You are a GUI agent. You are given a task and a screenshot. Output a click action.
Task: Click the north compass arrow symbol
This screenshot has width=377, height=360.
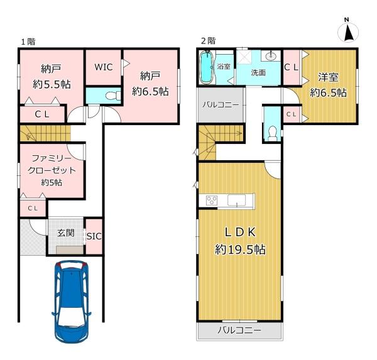[348, 33]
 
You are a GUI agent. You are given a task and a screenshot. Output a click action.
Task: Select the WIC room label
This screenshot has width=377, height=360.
[104, 67]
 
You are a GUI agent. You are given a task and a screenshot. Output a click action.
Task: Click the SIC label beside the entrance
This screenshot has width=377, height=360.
[94, 236]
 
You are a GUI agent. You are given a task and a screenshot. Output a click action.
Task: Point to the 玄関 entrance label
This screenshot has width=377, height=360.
[65, 233]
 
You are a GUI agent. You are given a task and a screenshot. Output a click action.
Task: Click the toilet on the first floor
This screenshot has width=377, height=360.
[113, 95]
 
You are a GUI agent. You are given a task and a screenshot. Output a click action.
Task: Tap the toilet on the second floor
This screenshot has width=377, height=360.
[273, 134]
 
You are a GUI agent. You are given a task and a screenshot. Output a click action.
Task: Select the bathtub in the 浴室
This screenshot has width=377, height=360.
[206, 67]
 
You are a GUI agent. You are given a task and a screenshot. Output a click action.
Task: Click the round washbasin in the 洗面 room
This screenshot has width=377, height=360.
[271, 57]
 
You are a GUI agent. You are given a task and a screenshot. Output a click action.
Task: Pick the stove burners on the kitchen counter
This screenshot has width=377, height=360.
[212, 200]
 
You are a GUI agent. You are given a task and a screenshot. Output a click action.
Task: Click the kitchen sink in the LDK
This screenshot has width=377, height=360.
[237, 200]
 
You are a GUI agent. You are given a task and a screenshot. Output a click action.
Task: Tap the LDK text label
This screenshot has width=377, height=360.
[240, 232]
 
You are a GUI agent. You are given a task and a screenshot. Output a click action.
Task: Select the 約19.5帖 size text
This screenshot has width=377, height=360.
[240, 249]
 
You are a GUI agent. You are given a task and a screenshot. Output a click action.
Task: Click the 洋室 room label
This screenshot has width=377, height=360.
[328, 77]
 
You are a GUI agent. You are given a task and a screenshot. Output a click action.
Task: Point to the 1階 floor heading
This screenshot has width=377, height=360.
[28, 41]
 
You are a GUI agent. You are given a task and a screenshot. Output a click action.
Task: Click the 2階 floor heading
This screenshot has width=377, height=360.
[208, 41]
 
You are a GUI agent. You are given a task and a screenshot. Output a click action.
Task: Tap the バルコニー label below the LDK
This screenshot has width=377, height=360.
[239, 330]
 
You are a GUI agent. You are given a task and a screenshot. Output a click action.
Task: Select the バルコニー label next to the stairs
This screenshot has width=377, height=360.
[221, 105]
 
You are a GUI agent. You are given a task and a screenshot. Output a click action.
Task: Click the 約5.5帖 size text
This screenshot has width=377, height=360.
[52, 84]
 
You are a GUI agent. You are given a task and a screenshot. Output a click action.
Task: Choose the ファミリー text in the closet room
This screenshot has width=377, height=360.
[52, 158]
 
